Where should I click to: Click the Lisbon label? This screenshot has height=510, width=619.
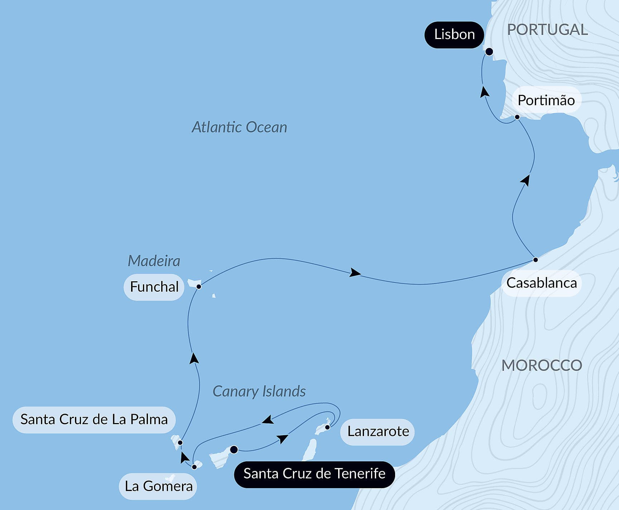454,35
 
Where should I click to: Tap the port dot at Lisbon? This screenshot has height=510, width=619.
489,52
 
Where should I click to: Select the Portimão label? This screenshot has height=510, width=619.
546,100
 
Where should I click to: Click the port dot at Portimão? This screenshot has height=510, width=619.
517,117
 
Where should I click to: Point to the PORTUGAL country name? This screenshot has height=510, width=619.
547,30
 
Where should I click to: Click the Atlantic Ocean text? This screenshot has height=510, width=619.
239,127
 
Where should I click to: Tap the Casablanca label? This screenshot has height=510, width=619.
541,283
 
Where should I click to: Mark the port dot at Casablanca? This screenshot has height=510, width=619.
535,259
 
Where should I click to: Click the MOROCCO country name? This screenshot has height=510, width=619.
542,365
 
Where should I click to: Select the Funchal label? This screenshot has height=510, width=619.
154,287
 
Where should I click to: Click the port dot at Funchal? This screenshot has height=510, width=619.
199,286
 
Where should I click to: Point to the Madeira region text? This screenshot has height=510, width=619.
154,261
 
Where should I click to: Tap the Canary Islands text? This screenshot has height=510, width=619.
259,392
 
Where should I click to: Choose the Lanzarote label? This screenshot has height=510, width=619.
378,432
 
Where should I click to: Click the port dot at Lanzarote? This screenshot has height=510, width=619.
327,427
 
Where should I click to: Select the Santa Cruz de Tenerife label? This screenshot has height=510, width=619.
314,474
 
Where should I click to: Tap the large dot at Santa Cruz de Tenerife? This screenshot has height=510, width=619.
234,450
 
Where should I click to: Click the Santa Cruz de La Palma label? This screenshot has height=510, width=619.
94,419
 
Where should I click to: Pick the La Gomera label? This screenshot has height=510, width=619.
158,486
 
